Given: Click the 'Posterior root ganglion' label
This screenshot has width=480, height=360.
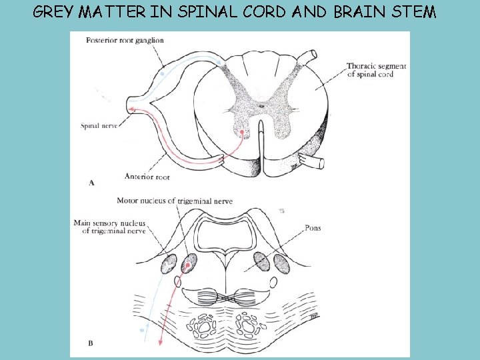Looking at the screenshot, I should coord(125,41).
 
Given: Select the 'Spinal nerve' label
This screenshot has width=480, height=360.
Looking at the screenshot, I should coord(99,125).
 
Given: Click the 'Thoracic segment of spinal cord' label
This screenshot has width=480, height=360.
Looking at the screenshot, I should coord(376,70).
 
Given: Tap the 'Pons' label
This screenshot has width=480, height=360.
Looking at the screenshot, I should coord(312,228).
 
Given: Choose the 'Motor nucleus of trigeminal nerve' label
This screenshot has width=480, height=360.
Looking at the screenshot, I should coord(174,201).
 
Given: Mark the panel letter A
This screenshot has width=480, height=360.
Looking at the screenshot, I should coord(91,182).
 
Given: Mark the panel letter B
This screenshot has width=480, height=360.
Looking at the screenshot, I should coord(91,343).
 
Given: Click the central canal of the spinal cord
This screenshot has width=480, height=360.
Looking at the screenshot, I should coord(261,105).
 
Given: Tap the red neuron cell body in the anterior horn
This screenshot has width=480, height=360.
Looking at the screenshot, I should coord(242,133).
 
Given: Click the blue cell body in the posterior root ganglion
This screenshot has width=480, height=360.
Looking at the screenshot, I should coord(162,75).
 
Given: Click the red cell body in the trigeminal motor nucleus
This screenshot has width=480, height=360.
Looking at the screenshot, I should coord(189,266).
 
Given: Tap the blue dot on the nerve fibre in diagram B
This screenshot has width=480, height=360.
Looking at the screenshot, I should coord(142,329).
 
